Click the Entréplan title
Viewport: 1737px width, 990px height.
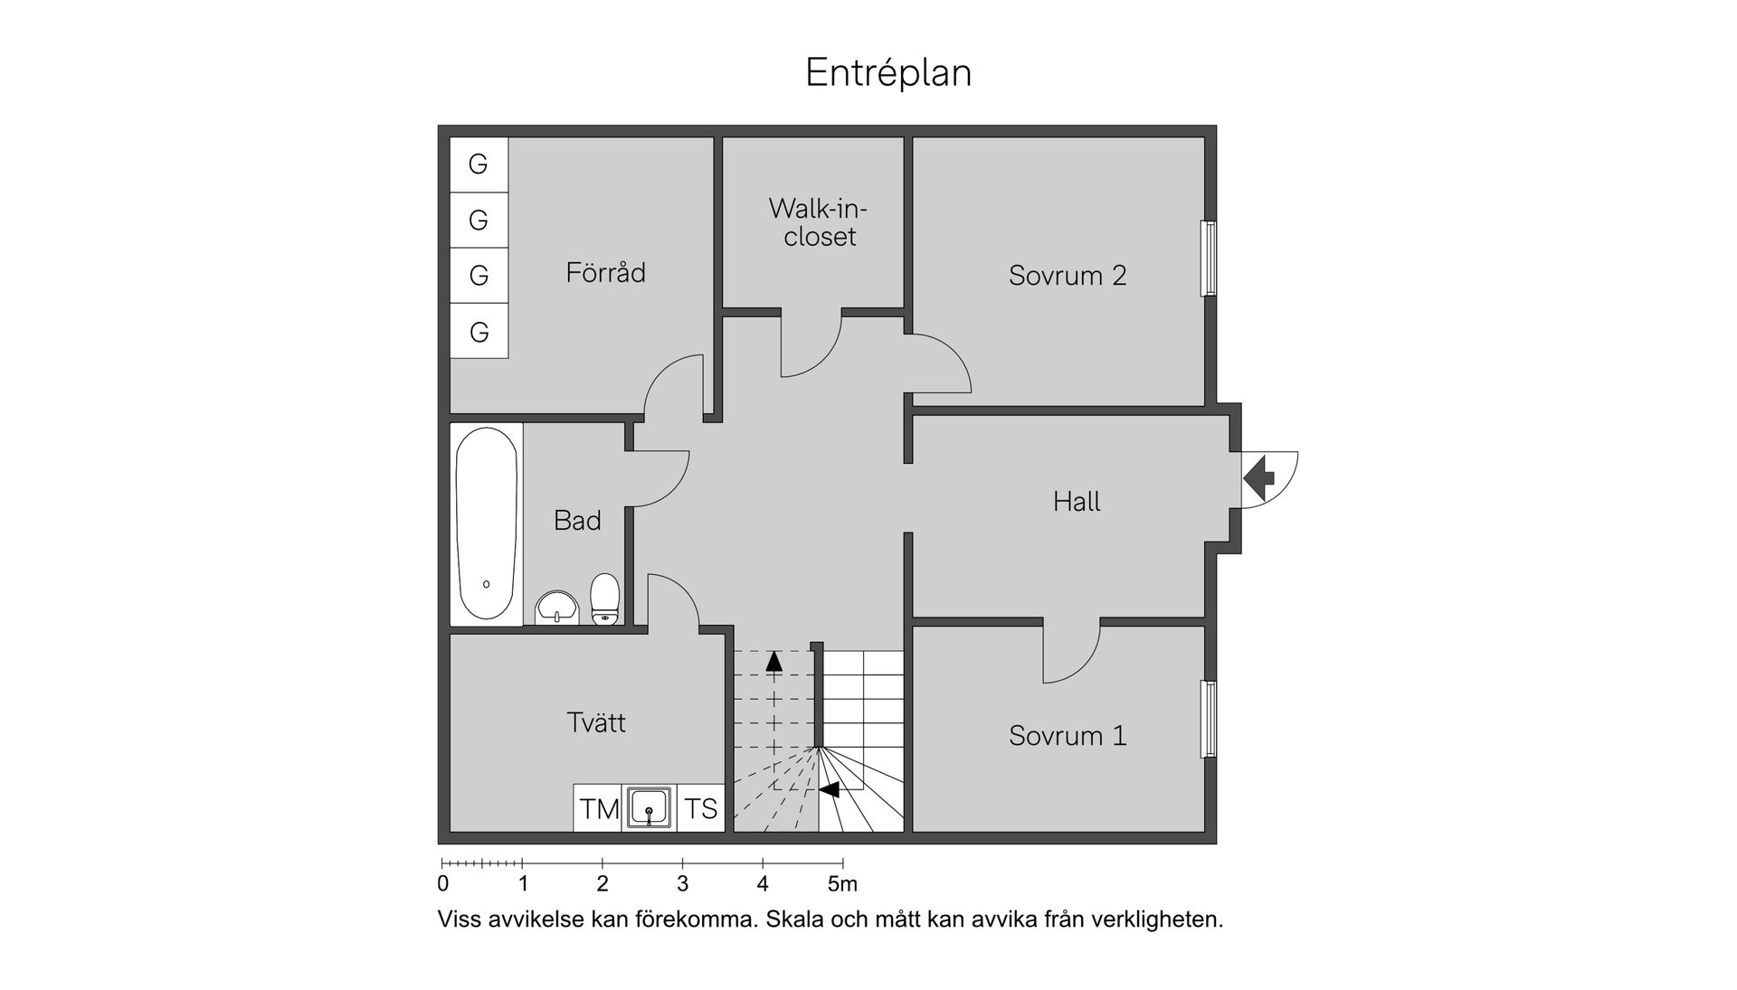click(888, 73)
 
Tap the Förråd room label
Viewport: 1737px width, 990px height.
click(605, 271)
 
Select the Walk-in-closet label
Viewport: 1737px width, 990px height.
click(819, 222)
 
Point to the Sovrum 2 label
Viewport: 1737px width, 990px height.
click(1068, 275)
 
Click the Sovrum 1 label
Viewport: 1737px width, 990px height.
click(1068, 735)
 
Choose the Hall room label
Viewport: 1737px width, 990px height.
click(1077, 501)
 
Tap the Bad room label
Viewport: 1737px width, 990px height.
click(577, 520)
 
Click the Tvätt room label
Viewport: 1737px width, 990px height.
click(596, 721)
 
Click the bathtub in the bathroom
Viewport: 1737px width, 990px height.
click(487, 523)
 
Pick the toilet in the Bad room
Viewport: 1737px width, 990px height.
click(605, 599)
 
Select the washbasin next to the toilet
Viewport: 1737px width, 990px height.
click(556, 608)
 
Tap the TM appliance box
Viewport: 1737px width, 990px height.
click(598, 807)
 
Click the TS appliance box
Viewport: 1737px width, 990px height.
click(701, 807)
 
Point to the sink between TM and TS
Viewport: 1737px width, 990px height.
click(650, 807)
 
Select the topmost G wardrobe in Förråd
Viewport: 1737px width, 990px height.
click(479, 165)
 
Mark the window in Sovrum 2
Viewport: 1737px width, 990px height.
click(1208, 259)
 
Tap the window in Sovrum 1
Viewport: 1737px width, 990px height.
click(1208, 719)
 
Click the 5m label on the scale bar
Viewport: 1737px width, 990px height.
click(842, 883)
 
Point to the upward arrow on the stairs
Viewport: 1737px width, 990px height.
click(774, 661)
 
